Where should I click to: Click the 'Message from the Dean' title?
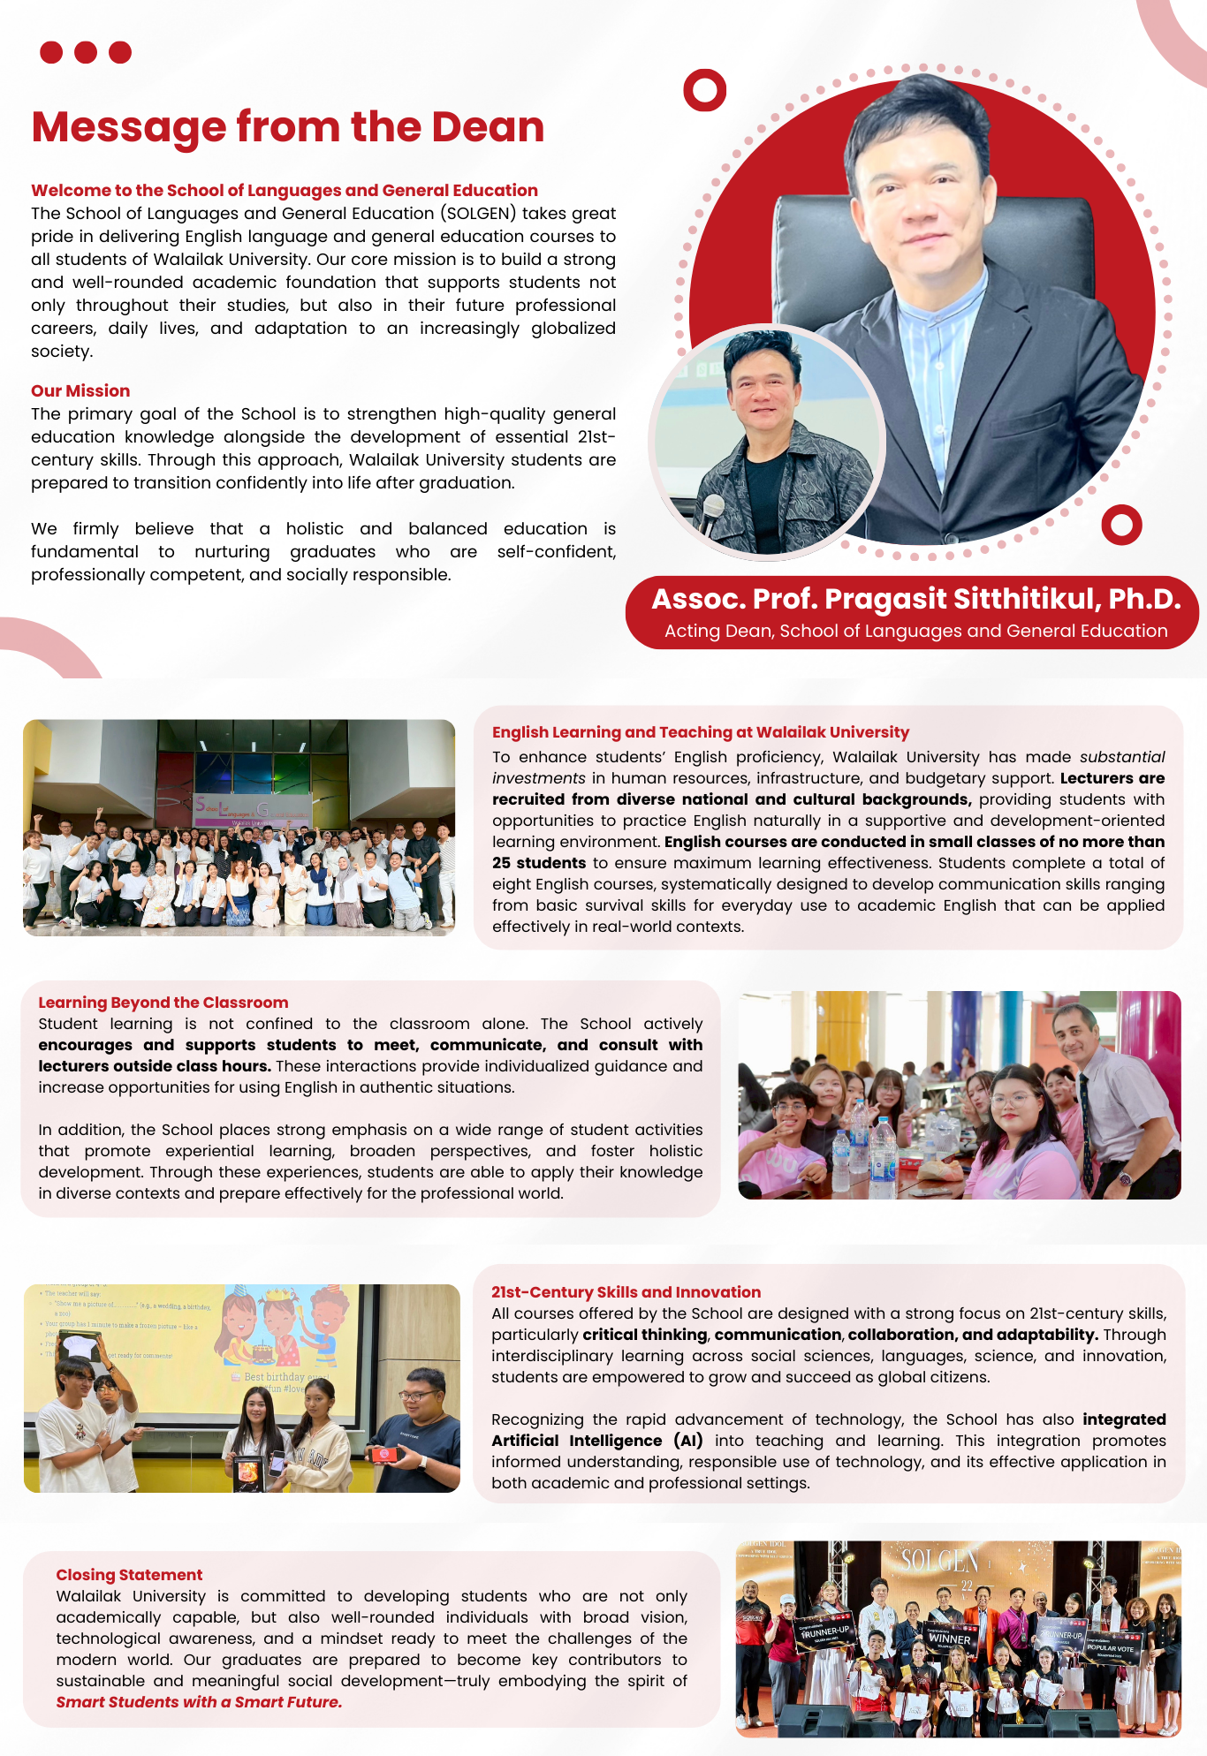pyautogui.click(x=287, y=127)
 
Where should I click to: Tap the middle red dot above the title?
pyautogui.click(x=86, y=53)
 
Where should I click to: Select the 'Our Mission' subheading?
pyautogui.click(x=80, y=390)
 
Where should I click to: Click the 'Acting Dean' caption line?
pyautogui.click(x=915, y=631)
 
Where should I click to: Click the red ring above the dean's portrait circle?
pyautogui.click(x=704, y=90)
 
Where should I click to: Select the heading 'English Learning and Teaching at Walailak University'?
pyautogui.click(x=700, y=732)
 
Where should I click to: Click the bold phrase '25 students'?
pyautogui.click(x=539, y=863)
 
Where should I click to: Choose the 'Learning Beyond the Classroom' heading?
pyautogui.click(x=163, y=1003)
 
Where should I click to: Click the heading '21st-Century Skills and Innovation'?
pyautogui.click(x=626, y=1292)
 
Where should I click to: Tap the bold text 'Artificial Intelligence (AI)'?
pyautogui.click(x=597, y=1441)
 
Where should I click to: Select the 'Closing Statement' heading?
pyautogui.click(x=129, y=1575)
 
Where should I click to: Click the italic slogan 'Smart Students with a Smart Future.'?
pyautogui.click(x=199, y=1702)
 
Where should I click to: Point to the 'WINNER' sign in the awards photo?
pyautogui.click(x=949, y=1639)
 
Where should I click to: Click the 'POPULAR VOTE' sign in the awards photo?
pyautogui.click(x=1111, y=1648)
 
